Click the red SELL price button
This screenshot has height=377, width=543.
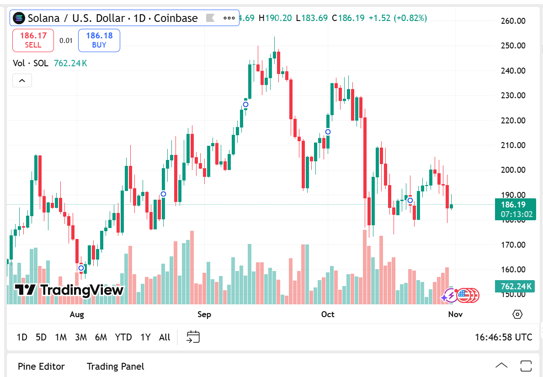pyautogui.click(x=33, y=40)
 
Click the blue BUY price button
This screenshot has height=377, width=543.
pyautogui.click(x=99, y=40)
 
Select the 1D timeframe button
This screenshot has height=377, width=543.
pyautogui.click(x=22, y=337)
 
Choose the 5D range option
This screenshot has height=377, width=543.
pyautogui.click(x=41, y=337)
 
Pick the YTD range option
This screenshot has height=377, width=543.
pyautogui.click(x=123, y=337)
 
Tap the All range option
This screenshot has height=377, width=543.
pyautogui.click(x=165, y=337)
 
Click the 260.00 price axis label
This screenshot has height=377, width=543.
pyautogui.click(x=512, y=21)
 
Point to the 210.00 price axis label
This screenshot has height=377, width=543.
pyautogui.click(x=512, y=145)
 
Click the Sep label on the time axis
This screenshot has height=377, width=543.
pyautogui.click(x=204, y=314)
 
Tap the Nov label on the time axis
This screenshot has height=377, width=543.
pyautogui.click(x=455, y=314)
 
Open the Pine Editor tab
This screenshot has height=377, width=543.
pyautogui.click(x=41, y=366)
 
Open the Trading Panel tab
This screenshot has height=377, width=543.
pyautogui.click(x=115, y=366)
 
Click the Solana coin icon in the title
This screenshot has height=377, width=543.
pyautogui.click(x=19, y=18)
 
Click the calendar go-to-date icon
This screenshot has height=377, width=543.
pyautogui.click(x=193, y=337)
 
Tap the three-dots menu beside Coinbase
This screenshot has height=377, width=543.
pyautogui.click(x=229, y=18)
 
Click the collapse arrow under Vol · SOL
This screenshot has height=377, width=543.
pyautogui.click(x=22, y=81)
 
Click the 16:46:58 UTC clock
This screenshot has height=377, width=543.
pyautogui.click(x=503, y=337)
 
